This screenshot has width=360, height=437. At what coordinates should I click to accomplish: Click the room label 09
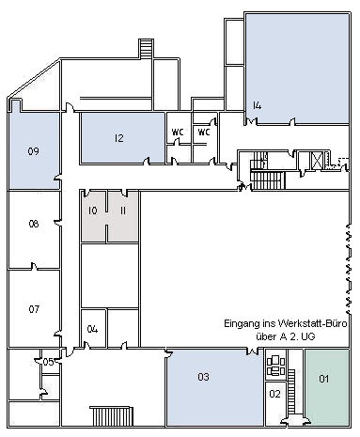click(33, 150)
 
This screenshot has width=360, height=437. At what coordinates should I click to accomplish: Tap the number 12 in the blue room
click(119, 138)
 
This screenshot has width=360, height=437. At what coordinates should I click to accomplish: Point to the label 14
click(257, 105)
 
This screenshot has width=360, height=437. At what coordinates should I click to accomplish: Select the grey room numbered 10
click(92, 211)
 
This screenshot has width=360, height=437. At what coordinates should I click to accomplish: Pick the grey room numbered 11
click(123, 211)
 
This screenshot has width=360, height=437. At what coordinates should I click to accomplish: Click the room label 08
click(33, 224)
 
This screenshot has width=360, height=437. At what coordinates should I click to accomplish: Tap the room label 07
click(33, 308)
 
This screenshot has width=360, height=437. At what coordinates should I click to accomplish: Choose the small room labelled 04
click(92, 329)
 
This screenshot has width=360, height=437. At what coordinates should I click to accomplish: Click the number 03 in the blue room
click(202, 378)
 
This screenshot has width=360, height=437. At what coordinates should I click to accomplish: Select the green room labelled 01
click(324, 379)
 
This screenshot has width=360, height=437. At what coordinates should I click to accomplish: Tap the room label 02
click(275, 394)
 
